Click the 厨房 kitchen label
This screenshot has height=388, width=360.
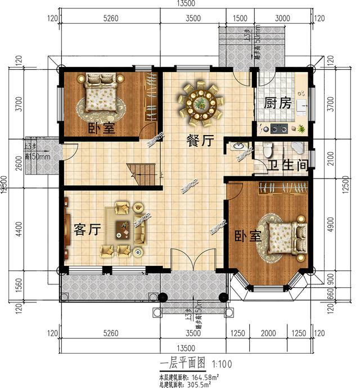coord(277,103)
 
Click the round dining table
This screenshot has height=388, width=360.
coord(200,103)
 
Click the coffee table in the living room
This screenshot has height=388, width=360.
coord(124,228)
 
